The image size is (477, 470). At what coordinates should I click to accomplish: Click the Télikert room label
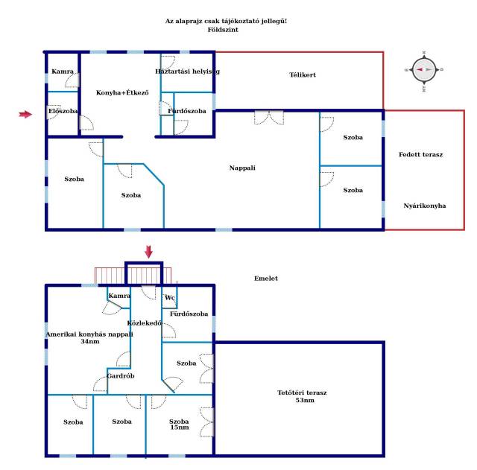pos(303,74)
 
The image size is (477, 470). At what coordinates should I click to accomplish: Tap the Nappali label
pos(242,168)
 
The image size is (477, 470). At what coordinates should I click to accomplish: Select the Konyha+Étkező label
pos(122,92)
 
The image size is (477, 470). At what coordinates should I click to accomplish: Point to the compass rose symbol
pos(424,70)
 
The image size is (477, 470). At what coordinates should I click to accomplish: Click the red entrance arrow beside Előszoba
pos(25,114)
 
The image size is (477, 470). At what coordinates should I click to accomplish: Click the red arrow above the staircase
pos(148,252)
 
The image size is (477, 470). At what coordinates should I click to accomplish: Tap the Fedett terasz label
pos(420,154)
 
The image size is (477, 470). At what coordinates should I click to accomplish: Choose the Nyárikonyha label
pos(425,206)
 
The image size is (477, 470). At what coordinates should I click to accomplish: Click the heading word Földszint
pos(223,30)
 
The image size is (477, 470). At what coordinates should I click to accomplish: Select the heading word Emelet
pos(266,278)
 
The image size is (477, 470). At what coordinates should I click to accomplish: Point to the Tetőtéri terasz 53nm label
pos(302,396)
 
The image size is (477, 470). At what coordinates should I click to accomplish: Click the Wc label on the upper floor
pos(170,298)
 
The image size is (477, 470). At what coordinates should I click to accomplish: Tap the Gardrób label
pos(121,376)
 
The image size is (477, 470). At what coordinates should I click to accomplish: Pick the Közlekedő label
pos(145,323)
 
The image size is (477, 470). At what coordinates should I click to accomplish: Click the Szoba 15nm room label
pos(179,424)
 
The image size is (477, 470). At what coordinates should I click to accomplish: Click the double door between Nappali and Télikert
pos(269,118)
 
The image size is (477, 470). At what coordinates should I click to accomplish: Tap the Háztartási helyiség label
pos(187,72)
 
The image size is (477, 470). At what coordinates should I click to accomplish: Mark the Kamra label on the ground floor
pos(63,72)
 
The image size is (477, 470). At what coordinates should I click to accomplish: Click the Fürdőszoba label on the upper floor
pos(189,314)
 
